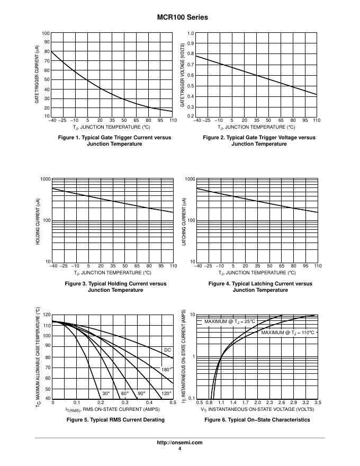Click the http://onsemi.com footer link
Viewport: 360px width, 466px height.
(180, 443)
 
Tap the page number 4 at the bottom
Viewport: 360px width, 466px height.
(180, 449)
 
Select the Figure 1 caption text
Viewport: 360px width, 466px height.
(114, 140)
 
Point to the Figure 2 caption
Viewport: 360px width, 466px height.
(259, 140)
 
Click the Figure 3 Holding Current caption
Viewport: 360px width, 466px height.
(115, 286)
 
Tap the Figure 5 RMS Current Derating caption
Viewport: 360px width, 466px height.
(115, 419)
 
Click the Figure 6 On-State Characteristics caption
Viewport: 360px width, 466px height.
(257, 419)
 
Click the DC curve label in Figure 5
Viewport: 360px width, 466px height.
(167, 350)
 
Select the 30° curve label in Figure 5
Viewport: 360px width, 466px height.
(106, 393)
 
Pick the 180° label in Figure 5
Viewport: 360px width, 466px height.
(165, 369)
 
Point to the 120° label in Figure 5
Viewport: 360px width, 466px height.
(166, 393)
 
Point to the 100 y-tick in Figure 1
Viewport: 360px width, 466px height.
(46, 33)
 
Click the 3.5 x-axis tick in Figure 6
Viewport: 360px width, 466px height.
(317, 403)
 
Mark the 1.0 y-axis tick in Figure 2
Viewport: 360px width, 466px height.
(191, 33)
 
